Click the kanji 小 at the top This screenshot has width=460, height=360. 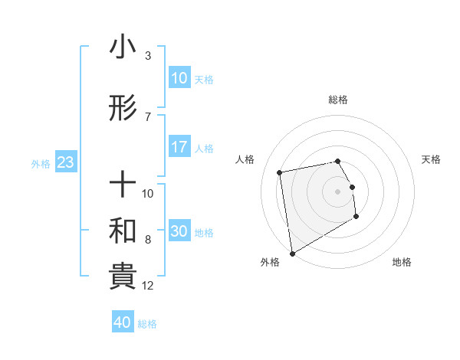[x=123, y=48]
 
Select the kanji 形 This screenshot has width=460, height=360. [x=123, y=110]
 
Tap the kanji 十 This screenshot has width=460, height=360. [x=123, y=185]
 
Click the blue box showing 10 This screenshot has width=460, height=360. [x=179, y=78]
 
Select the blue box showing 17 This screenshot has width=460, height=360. [x=179, y=147]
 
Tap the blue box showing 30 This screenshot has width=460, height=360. [x=179, y=232]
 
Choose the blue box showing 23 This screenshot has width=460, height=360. [x=65, y=162]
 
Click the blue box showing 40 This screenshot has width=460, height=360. [x=123, y=322]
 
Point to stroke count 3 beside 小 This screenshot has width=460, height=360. [x=148, y=55]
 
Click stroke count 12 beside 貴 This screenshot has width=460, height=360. [x=148, y=286]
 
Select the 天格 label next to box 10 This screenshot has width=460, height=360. [x=204, y=79]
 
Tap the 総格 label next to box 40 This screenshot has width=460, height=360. [x=147, y=323]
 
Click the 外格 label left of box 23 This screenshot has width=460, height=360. [x=41, y=163]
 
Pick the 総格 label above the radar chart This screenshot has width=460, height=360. [x=338, y=100]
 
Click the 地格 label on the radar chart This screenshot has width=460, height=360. [x=402, y=262]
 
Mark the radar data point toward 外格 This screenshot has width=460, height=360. [x=292, y=253]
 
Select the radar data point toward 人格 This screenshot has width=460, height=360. [x=280, y=172]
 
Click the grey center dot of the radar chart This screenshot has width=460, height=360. [x=338, y=191]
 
